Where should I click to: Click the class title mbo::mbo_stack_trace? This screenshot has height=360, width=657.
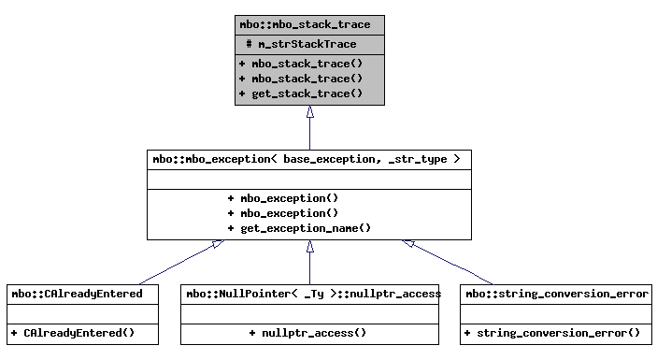click(309, 24)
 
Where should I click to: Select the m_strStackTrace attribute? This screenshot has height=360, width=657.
click(315, 44)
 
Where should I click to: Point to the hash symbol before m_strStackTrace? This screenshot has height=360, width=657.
click(249, 44)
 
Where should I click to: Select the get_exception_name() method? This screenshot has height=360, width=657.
click(298, 228)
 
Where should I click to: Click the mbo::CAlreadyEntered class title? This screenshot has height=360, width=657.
click(77, 294)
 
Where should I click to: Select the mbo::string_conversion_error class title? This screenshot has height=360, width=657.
click(555, 294)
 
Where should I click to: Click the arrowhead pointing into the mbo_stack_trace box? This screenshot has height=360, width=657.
click(309, 112)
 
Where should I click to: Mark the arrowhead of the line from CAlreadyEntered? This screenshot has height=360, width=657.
click(217, 244)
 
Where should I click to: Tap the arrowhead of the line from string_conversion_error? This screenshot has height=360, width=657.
click(408, 243)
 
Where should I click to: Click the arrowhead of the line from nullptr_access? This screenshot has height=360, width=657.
click(309, 246)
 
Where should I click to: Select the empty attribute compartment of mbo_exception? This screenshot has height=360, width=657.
click(309, 179)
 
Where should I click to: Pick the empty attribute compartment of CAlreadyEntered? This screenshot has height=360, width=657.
click(77, 312)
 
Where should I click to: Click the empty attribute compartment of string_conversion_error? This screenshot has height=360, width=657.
click(555, 312)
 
